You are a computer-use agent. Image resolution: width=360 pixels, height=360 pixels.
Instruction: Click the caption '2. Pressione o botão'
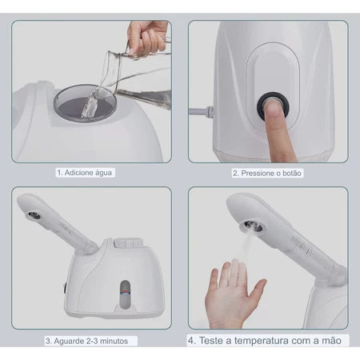coord(267,172)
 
